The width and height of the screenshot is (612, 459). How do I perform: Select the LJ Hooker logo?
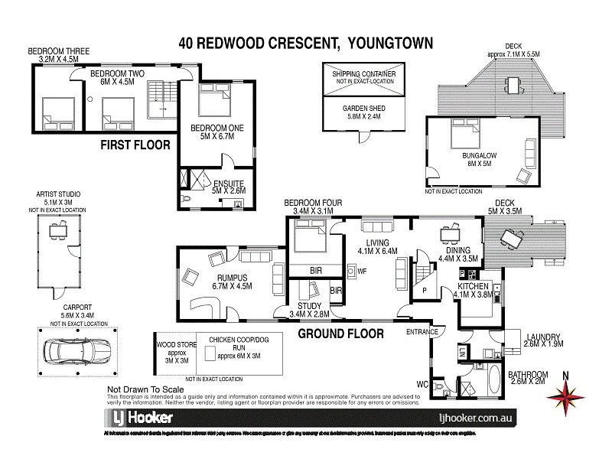(x=138, y=418)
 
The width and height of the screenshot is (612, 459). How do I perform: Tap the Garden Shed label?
(x=363, y=109)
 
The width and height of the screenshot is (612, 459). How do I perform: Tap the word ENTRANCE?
(x=423, y=331)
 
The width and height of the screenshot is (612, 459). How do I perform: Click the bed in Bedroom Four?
(x=309, y=236)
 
